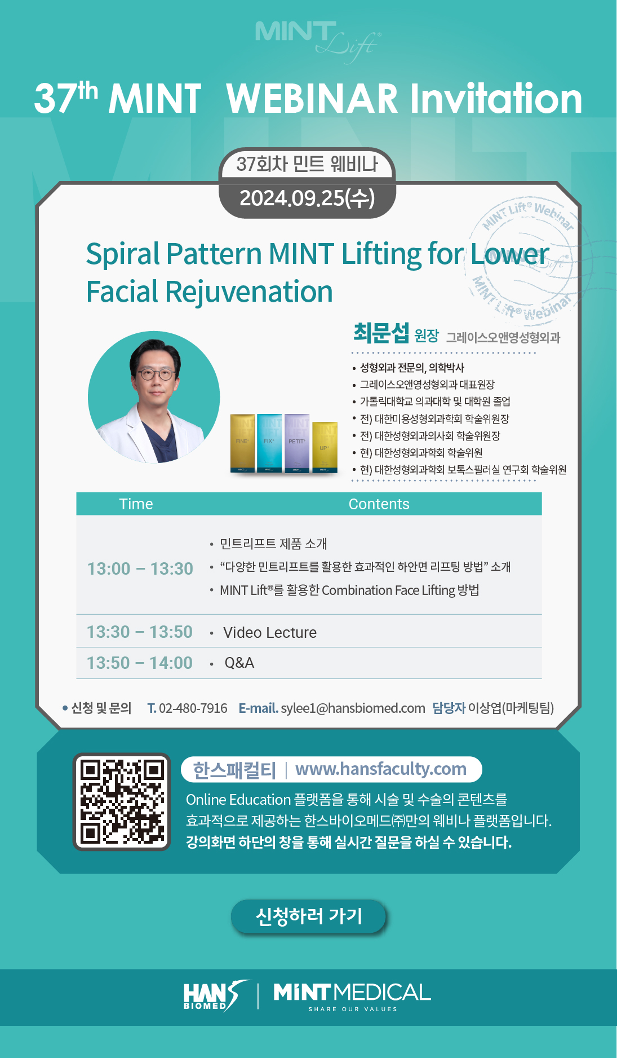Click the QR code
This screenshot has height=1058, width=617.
coord(122,801)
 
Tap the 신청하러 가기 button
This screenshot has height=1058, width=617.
coord(308,916)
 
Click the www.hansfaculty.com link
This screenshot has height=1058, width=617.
coord(381,769)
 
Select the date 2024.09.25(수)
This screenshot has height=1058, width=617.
coord(307,198)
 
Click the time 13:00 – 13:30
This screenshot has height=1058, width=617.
coord(140,568)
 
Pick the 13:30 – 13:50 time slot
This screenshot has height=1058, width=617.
coord(140,632)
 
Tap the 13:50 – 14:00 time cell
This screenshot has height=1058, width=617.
coord(140,663)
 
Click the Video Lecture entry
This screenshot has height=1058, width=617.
coord(270,632)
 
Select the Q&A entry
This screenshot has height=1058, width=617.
coord(239,663)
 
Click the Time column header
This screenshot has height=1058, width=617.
coord(136,504)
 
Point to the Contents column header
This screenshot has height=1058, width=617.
coord(379,504)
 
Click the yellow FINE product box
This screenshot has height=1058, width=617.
coord(242,443)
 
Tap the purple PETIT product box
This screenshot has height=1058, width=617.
coord(297,443)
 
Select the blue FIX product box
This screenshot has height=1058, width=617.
coord(269,443)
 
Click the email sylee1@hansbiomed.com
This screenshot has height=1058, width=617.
coord(353,708)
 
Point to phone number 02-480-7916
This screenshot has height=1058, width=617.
coord(193,708)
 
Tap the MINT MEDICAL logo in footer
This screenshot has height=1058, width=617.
coord(352,995)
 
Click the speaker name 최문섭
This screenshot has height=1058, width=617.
coord(381,333)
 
